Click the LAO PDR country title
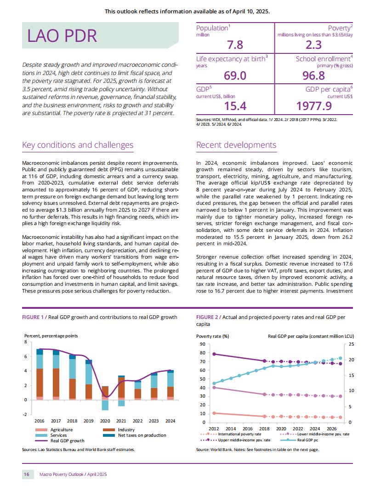62,35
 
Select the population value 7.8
235,45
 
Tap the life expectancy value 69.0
235,75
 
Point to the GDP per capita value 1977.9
314,106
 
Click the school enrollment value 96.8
314,75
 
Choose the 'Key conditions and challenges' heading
78,145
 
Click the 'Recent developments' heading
236,145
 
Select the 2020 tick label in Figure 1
105,421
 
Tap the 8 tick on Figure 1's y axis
26,342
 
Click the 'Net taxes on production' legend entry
134,435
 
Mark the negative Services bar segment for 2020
105,405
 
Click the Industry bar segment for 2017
56,382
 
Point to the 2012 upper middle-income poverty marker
214,354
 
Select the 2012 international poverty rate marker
214,413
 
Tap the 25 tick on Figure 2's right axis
351,344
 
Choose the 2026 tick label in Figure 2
332,428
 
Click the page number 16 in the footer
27,474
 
